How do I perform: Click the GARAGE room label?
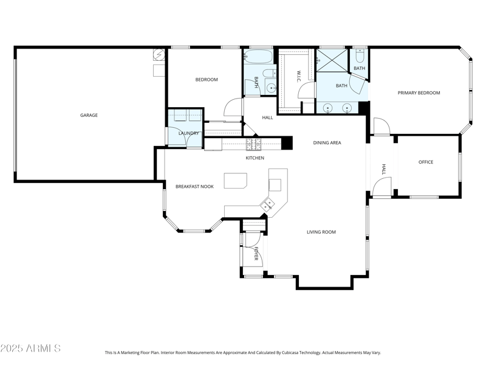click(x=89, y=115)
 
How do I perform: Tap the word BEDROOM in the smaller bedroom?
click(x=206, y=80)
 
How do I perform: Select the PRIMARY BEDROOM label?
click(x=419, y=93)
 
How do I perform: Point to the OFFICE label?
click(x=425, y=162)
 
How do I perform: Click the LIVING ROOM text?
click(x=321, y=232)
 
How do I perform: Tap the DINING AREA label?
click(x=327, y=143)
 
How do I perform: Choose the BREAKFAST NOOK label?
click(x=194, y=186)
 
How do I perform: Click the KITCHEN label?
click(x=255, y=158)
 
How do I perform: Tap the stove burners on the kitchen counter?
click(x=253, y=144)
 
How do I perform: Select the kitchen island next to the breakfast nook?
click(x=236, y=181)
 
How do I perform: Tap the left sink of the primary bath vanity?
click(x=328, y=108)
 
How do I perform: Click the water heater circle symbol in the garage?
click(x=159, y=55)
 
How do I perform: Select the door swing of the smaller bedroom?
click(x=232, y=108)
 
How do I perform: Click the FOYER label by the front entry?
click(x=256, y=254)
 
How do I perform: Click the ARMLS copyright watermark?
click(x=30, y=349)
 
